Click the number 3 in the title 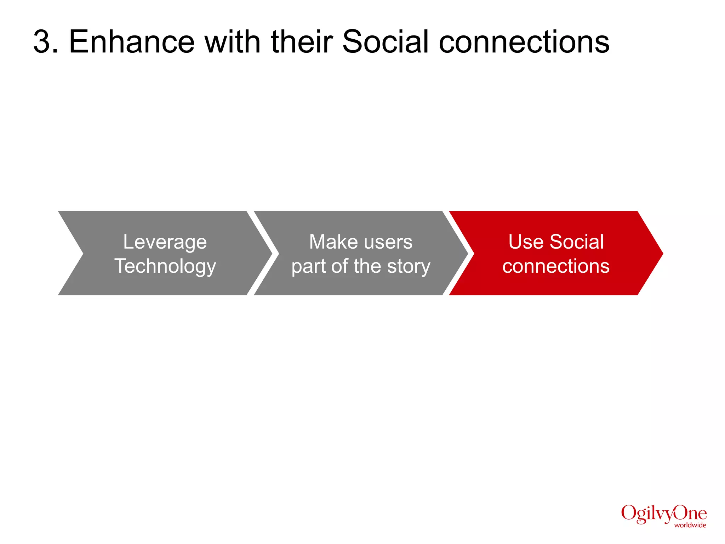[x=43, y=42]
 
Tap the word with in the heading [x=233, y=42]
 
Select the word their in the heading [x=302, y=42]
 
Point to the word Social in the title [x=386, y=42]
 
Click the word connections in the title [x=524, y=42]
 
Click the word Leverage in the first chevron [x=165, y=242]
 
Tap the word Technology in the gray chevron [x=165, y=266]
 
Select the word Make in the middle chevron [x=333, y=242]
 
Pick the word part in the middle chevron [x=308, y=266]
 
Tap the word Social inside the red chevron [x=577, y=242]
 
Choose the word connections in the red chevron [x=556, y=266]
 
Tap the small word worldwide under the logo [x=690, y=525]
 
